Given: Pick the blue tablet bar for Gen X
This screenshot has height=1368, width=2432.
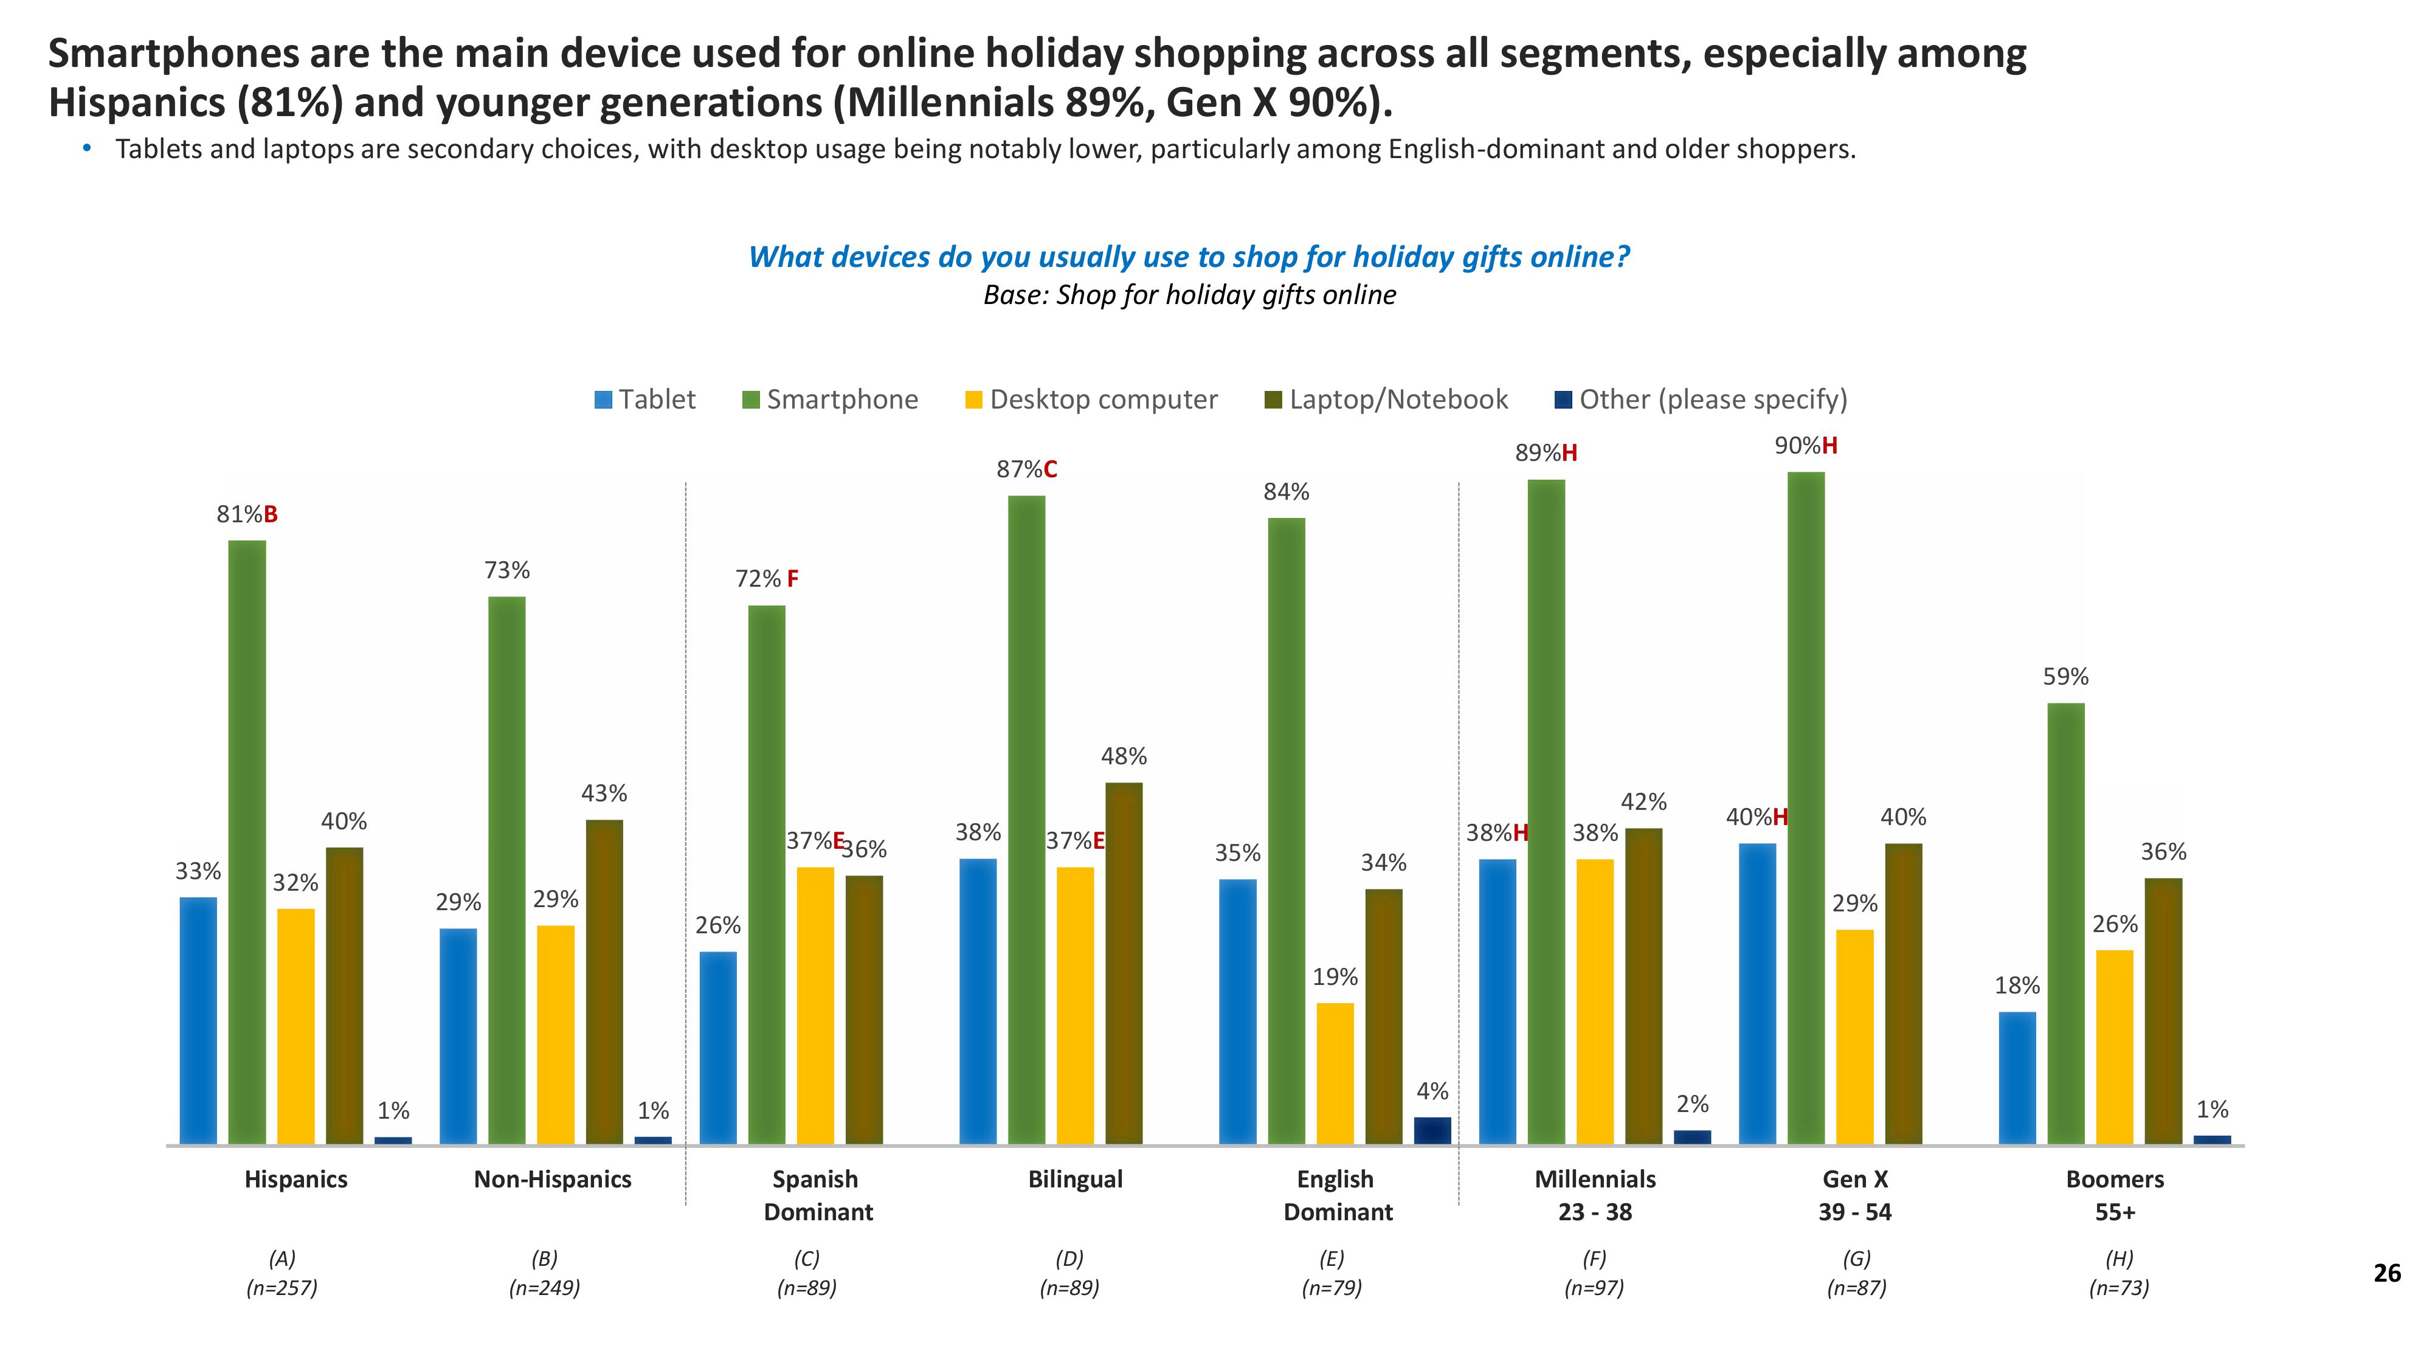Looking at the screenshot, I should pyautogui.click(x=1757, y=993).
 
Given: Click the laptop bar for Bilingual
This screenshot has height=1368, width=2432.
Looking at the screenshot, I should pyautogui.click(x=1124, y=963).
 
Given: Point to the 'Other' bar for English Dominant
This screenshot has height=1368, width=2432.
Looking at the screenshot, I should pyautogui.click(x=1432, y=1130).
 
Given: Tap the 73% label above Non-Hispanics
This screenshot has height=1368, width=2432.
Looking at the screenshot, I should pyautogui.click(x=507, y=570).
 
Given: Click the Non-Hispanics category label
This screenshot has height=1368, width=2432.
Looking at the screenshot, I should pyautogui.click(x=552, y=1179).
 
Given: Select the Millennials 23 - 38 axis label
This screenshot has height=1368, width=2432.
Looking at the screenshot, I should pyautogui.click(x=1595, y=1195).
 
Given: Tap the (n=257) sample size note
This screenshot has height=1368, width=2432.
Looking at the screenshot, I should pyautogui.click(x=282, y=1288).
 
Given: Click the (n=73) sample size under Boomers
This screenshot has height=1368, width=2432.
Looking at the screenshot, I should pyautogui.click(x=2118, y=1288).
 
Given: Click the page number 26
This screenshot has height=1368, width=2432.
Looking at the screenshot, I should pyautogui.click(x=2386, y=1274).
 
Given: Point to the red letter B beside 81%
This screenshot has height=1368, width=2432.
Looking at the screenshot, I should pyautogui.click(x=271, y=514).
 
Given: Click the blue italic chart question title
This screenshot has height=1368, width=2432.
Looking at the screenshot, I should pyautogui.click(x=1189, y=257).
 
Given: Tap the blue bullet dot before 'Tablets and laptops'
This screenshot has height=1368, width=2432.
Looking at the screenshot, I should pyautogui.click(x=88, y=148).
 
